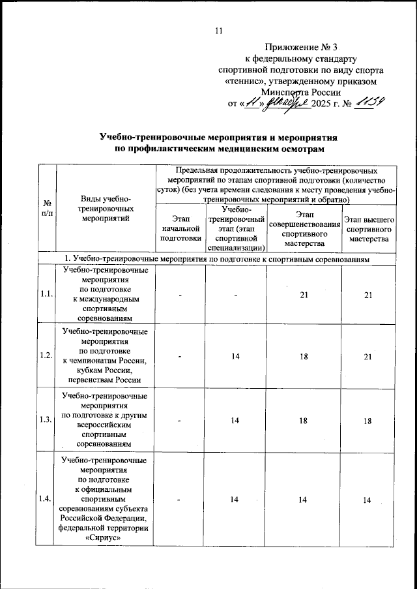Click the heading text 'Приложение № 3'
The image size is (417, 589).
coord(302,46)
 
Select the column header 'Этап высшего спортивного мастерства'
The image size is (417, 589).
coord(369,230)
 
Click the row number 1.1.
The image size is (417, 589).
coord(46,295)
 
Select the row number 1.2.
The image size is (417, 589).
coord(46,355)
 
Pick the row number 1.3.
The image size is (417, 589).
coord(46,421)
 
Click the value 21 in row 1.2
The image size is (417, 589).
coord(369,356)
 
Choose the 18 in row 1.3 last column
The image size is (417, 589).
coord(369,421)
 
